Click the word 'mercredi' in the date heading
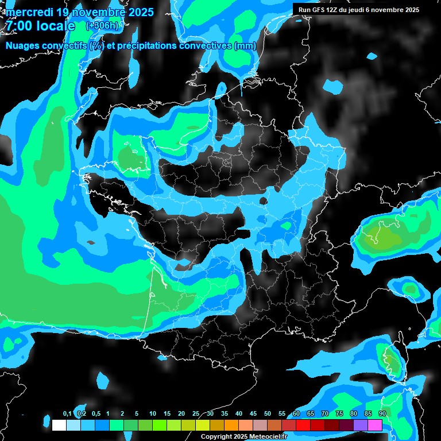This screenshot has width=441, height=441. click(x=29, y=12)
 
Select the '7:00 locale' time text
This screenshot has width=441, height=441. click(x=40, y=26)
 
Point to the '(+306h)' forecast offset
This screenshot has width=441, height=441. click(x=102, y=26)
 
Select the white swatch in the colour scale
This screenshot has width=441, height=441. click(x=59, y=425)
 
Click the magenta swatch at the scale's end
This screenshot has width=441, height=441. click(x=375, y=425)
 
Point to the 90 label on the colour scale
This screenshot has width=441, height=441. click(x=382, y=414)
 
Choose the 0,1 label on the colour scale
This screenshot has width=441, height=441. click(x=67, y=414)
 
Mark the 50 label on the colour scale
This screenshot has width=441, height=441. click(x=268, y=414)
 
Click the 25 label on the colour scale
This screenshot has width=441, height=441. click(x=196, y=414)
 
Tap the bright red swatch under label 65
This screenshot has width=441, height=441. click(x=303, y=425)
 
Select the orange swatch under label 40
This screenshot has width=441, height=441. click(x=231, y=425)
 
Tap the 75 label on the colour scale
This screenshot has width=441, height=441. click(x=339, y=414)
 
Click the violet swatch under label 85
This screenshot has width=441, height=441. click(x=361, y=425)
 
